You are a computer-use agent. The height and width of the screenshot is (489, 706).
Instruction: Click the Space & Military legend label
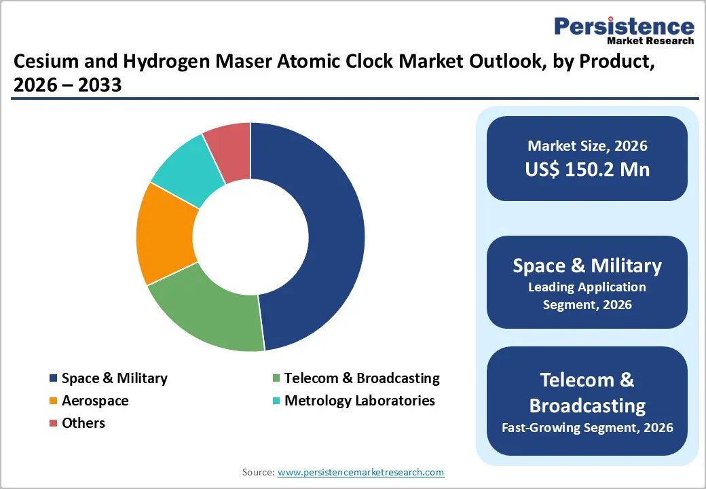pyautogui.click(x=114, y=378)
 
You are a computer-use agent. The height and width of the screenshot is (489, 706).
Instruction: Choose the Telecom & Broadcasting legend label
pyautogui.click(x=362, y=378)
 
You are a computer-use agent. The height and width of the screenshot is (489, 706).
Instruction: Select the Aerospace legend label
pyautogui.click(x=95, y=401)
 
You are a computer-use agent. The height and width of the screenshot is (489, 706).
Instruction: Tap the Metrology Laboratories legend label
pyautogui.click(x=360, y=401)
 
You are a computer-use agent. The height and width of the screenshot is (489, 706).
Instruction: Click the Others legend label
pyautogui.click(x=83, y=423)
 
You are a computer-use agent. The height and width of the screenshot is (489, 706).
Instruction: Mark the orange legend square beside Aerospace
pyautogui.click(x=54, y=401)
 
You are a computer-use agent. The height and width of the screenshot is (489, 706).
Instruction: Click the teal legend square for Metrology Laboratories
pyautogui.click(x=276, y=401)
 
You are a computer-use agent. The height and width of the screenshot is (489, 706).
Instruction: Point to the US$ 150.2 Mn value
pyautogui.click(x=587, y=169)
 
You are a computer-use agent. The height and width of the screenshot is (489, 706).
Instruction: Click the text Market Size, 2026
pyautogui.click(x=587, y=146)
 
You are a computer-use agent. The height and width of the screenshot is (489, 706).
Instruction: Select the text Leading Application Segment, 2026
pyautogui.click(x=587, y=295)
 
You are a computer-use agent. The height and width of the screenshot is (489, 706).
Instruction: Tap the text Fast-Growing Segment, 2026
pyautogui.click(x=587, y=427)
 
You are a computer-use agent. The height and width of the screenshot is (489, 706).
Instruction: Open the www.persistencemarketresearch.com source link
pyautogui.click(x=361, y=472)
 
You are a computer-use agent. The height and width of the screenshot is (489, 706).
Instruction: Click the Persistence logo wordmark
pyautogui.click(x=624, y=26)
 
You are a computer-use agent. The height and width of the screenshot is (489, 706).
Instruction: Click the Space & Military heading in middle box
pyautogui.click(x=587, y=266)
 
